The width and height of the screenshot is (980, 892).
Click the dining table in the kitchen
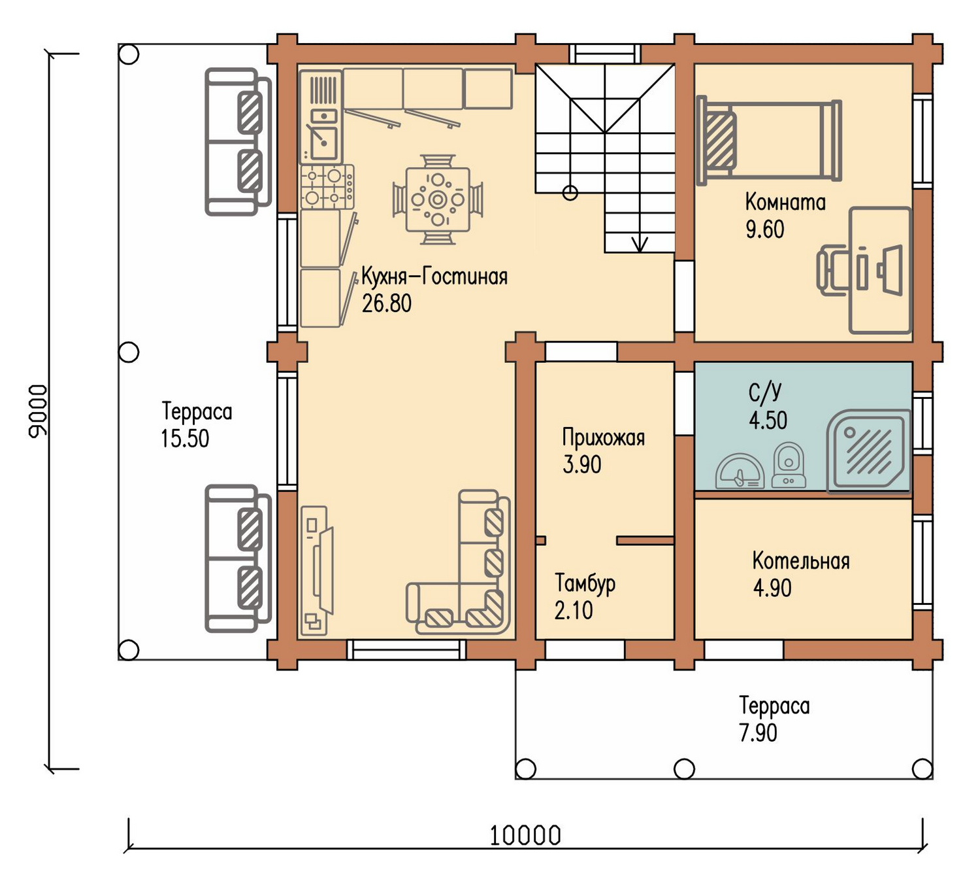pyautogui.click(x=437, y=199)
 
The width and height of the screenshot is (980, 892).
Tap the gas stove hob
pyautogui.click(x=327, y=186)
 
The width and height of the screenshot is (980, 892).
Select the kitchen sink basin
pyautogui.click(x=323, y=143)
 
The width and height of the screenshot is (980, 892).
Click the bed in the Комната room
pyautogui.click(x=769, y=141)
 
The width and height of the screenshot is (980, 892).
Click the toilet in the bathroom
pyautogui.click(x=789, y=465)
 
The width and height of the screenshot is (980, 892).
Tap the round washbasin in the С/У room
pyautogui.click(x=740, y=472)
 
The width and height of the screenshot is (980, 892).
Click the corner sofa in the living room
pyautogui.click(x=459, y=563)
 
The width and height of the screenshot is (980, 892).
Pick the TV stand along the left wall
pyautogui.click(x=314, y=570)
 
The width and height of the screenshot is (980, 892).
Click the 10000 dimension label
pyautogui.click(x=525, y=836)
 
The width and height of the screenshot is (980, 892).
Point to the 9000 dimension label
pyautogui.click(x=38, y=411)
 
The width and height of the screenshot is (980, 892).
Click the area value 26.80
pyautogui.click(x=386, y=303)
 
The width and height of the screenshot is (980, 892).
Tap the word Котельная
pyautogui.click(x=801, y=561)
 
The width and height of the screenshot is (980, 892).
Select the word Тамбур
pyautogui.click(x=585, y=584)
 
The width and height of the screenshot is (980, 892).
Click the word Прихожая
pyautogui.click(x=603, y=437)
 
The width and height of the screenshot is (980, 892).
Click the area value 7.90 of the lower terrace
pyautogui.click(x=758, y=732)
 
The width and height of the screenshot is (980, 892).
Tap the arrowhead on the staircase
pyautogui.click(x=640, y=244)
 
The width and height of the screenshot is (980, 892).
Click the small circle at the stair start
pyautogui.click(x=570, y=193)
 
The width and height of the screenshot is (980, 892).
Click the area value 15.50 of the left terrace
pyautogui.click(x=185, y=439)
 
